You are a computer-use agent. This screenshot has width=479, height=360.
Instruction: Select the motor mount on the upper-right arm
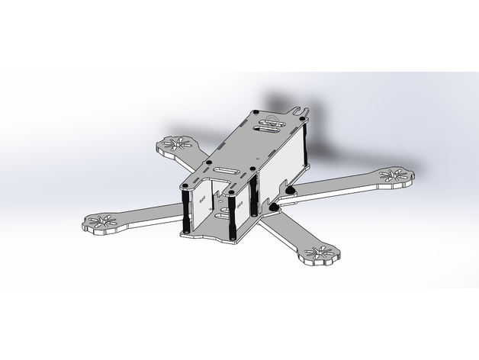(x=394, y=176)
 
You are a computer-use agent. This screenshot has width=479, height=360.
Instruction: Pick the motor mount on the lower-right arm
(x=320, y=255)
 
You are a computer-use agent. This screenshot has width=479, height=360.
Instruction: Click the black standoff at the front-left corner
(x=186, y=209)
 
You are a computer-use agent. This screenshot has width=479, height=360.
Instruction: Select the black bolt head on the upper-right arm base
(x=291, y=189)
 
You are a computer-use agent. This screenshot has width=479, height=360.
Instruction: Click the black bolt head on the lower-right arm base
(x=274, y=204)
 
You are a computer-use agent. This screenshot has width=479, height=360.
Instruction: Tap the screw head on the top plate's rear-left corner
(x=256, y=113)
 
